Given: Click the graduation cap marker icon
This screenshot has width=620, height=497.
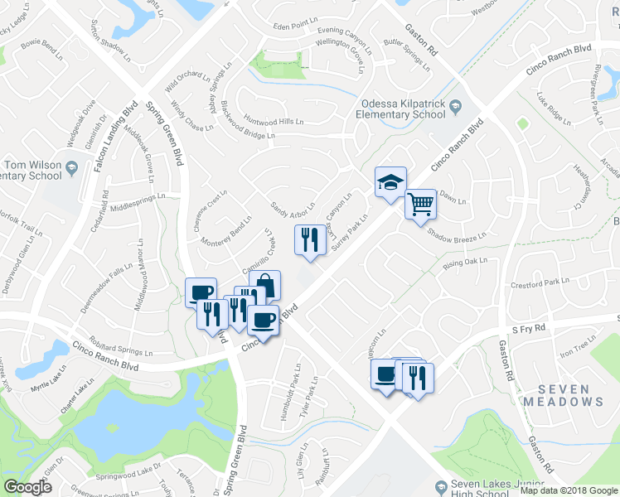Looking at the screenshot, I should pyautogui.click(x=390, y=181).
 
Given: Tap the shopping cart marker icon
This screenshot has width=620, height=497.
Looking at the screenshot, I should pyautogui.click(x=420, y=203).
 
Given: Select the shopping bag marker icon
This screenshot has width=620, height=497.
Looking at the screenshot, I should pyautogui.click(x=265, y=285).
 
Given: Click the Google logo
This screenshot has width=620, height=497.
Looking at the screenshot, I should pyautogui.click(x=27, y=487).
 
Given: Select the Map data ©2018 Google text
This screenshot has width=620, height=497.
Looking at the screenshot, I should pyautogui.click(x=569, y=490).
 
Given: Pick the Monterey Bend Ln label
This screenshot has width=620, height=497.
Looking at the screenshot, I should pyautogui.click(x=226, y=232).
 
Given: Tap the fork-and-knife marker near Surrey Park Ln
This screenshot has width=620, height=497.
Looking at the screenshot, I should pyautogui.click(x=306, y=240).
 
